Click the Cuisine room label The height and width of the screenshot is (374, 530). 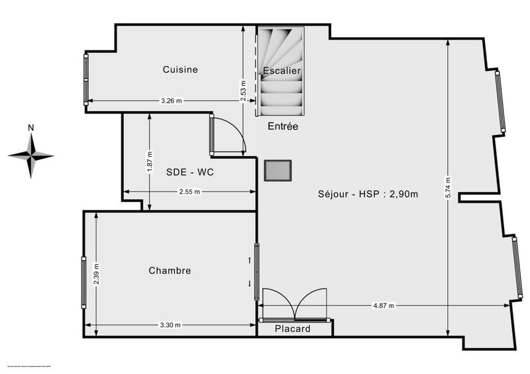(x=180, y=70)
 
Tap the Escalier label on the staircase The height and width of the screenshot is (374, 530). (x=282, y=70)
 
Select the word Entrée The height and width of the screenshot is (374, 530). (x=283, y=126)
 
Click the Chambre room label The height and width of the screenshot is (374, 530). (x=170, y=270)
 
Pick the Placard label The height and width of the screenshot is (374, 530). (x=293, y=329)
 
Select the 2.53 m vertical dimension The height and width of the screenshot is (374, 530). (x=243, y=91)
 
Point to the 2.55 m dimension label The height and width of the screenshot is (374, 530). (x=189, y=192)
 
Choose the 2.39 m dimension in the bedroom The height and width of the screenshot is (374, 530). (x=97, y=273)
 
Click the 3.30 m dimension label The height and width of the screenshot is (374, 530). (x=170, y=325)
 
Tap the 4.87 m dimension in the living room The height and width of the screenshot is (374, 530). (x=384, y=306)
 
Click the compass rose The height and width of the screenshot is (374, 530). (x=31, y=156)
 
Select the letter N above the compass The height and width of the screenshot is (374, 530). (x=31, y=128)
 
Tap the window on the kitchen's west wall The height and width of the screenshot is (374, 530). (x=85, y=79)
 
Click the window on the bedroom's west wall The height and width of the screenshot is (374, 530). (x=83, y=282)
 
